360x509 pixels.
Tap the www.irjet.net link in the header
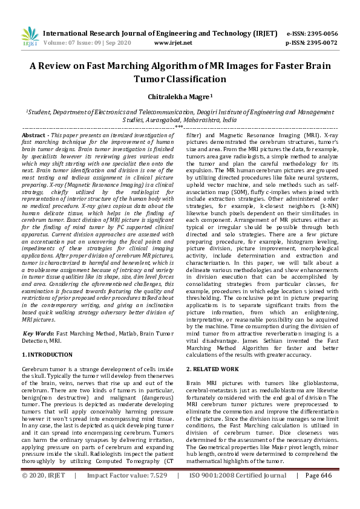point(173,43)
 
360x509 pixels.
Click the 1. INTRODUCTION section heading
point(47,354)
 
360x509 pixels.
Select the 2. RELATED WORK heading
point(212,368)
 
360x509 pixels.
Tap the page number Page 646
point(318,493)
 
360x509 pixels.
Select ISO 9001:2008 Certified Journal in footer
point(237,493)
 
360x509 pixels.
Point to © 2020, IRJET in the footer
point(44,493)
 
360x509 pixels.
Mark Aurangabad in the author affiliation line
point(165,120)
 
